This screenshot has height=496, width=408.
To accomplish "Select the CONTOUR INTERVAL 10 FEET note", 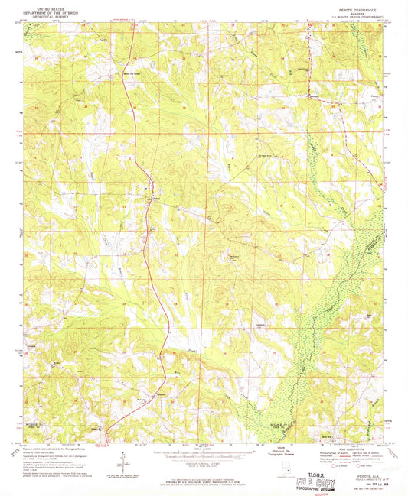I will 201,464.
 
